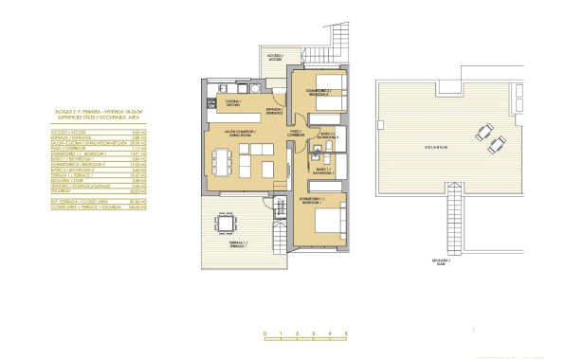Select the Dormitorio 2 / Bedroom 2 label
(318, 92)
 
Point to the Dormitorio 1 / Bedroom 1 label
(312, 201)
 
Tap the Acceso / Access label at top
(275, 57)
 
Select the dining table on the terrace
(226, 225)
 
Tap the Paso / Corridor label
(295, 133)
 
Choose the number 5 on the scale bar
(346, 334)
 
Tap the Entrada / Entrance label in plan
(275, 112)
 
